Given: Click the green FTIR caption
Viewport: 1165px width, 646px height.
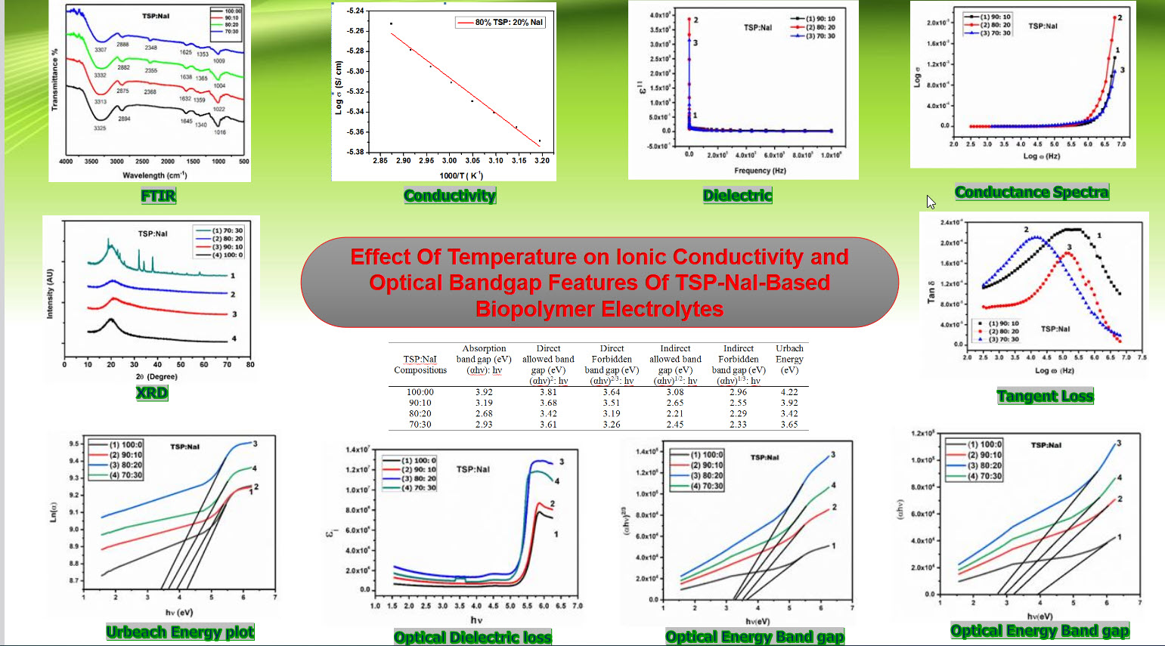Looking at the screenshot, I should click(158, 196).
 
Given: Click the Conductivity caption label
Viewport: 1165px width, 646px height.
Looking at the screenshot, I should click(450, 196).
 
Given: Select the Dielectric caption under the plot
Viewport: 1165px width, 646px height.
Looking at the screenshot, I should click(737, 196).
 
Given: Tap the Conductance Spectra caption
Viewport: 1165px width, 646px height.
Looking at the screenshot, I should click(1031, 193).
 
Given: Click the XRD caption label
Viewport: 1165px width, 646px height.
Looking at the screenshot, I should click(151, 393).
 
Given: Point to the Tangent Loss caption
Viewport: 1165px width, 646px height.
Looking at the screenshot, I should click(1045, 397).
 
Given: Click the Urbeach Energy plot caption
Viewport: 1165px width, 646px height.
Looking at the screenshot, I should click(180, 632).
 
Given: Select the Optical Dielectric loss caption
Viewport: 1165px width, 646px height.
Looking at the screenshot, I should click(473, 638).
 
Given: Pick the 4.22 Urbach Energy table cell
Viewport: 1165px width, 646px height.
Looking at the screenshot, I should click(789, 392).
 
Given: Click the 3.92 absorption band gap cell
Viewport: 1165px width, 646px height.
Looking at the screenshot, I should click(484, 392).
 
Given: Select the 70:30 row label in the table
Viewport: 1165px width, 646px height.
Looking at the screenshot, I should click(420, 425).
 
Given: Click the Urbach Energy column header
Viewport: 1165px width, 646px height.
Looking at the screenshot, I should click(789, 359).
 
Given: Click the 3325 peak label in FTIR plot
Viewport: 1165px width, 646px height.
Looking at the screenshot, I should click(100, 128).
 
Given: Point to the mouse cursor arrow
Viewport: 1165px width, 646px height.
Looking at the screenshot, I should click(931, 202).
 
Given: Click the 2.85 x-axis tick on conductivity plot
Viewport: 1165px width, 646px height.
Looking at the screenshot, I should click(380, 160).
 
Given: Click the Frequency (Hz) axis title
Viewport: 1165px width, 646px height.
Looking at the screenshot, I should click(760, 171).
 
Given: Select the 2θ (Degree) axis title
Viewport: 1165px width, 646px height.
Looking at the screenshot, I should click(156, 376).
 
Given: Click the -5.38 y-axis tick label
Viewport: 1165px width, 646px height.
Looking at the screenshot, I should click(355, 152).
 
